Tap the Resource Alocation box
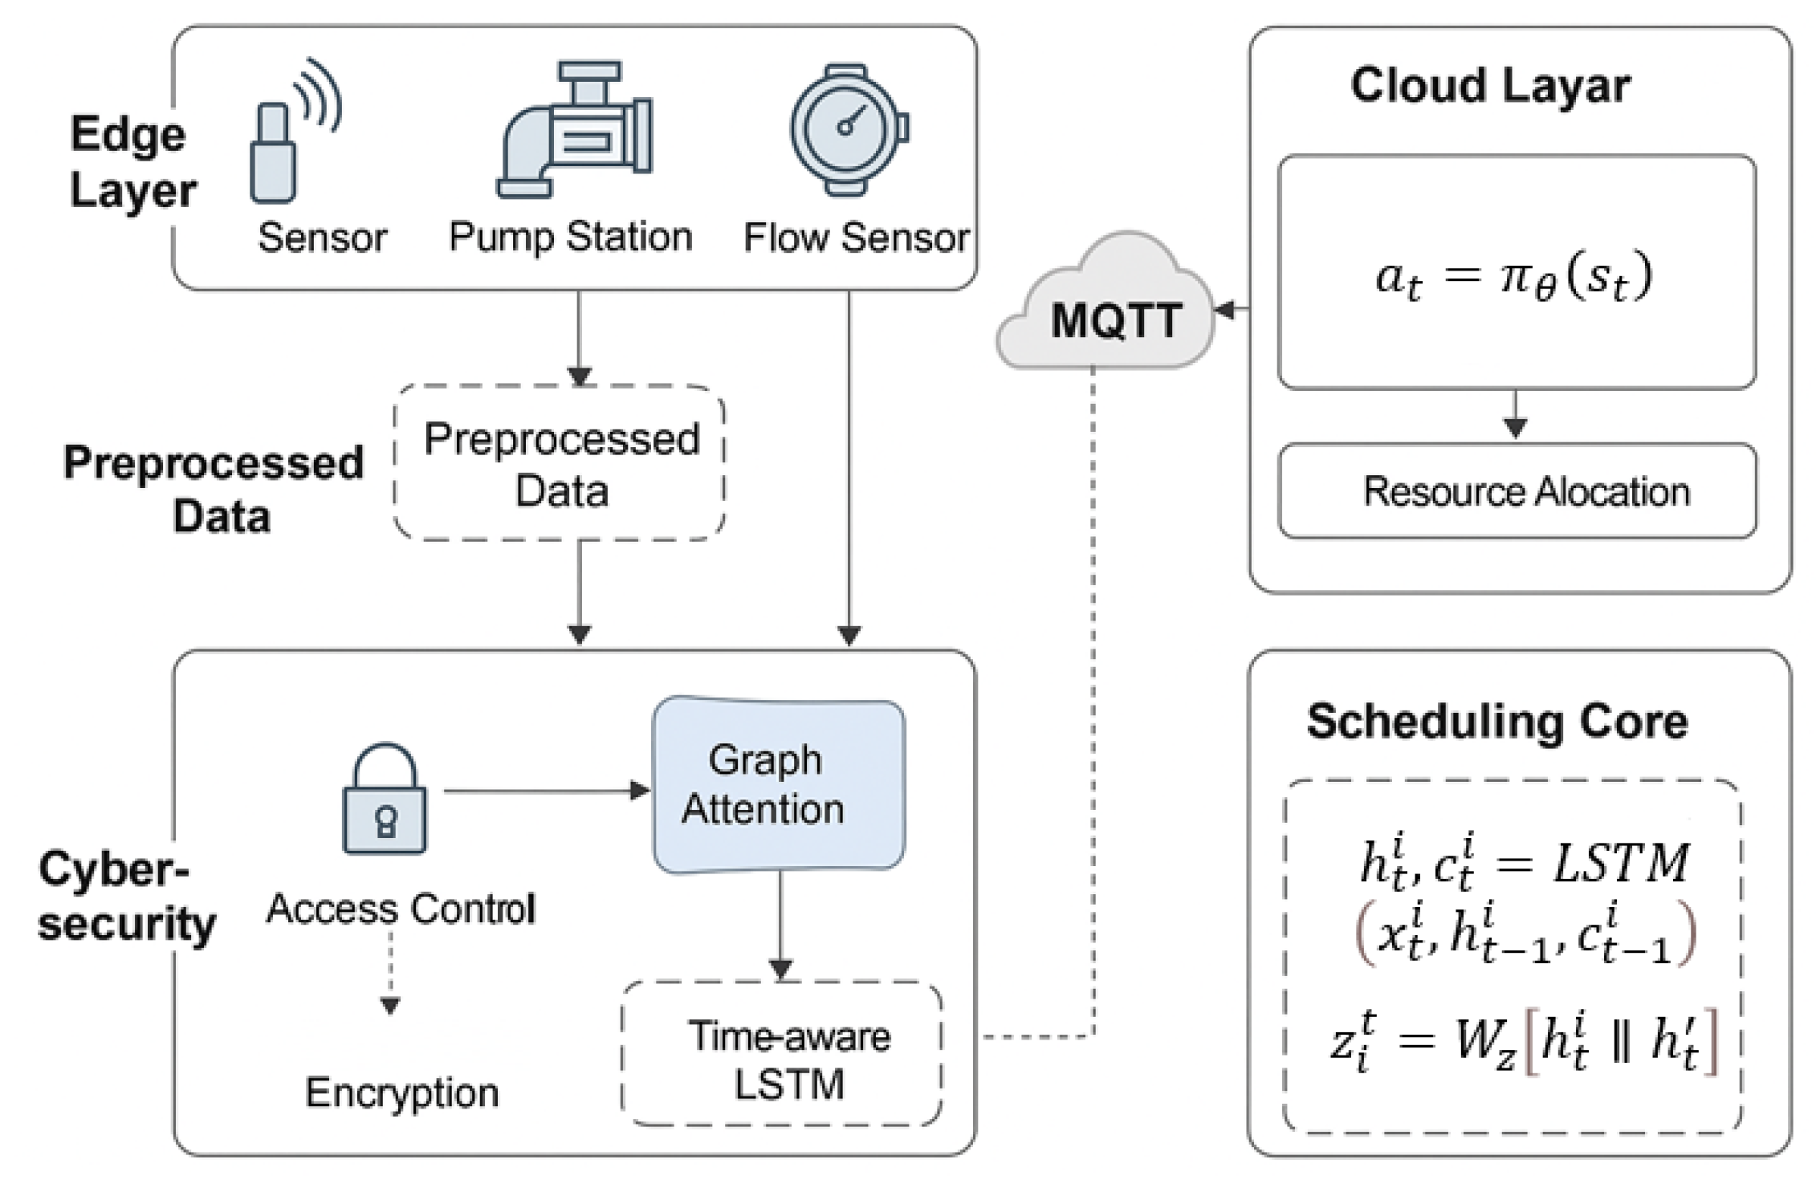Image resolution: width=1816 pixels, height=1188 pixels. tap(1517, 491)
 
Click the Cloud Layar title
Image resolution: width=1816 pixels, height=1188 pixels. tap(1490, 85)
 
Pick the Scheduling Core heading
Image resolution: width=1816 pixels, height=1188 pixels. tap(1497, 722)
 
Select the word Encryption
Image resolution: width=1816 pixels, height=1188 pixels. tap(401, 1092)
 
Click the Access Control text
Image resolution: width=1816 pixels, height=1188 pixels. tap(401, 909)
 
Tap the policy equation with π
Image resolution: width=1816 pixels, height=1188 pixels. tap(1514, 278)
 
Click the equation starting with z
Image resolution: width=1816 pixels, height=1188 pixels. tap(1521, 1042)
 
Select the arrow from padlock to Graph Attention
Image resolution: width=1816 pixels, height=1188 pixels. tap(546, 791)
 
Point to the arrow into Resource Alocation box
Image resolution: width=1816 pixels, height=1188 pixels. tap(1515, 416)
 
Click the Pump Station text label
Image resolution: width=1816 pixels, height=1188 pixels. tap(570, 238)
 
